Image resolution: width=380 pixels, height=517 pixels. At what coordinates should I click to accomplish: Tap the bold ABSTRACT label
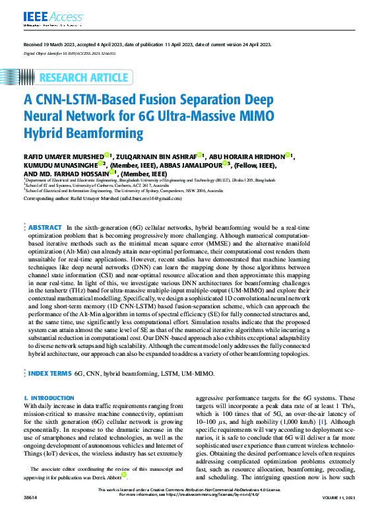46,227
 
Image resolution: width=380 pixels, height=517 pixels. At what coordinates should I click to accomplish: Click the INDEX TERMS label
49,373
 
